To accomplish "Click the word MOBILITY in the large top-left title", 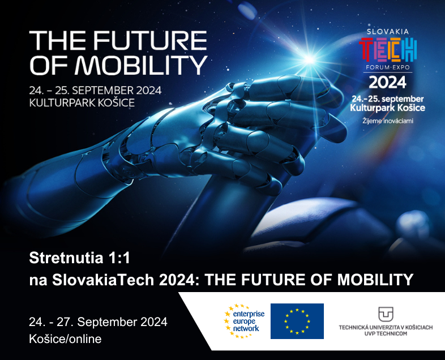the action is pos(142,65).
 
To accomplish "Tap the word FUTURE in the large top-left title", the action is pos(151,40).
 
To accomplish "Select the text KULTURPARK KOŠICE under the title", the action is pos(82,102).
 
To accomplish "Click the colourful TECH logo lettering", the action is pos(388,50).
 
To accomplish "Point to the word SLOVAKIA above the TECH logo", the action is pos(388,32).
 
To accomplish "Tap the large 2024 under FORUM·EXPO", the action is pos(388,83).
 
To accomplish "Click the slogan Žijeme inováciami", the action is pos(388,121).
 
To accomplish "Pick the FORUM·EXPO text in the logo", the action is pos(388,67).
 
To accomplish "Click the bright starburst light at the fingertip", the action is pos(309,59).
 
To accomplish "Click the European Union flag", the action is pos(297,321).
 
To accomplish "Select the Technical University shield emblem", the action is pos(386,314).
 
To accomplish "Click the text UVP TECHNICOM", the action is pos(386,333).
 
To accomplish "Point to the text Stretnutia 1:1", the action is pos(79,258).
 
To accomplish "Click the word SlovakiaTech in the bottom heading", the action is pos(102,280).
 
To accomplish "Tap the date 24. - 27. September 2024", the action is pos(98,322).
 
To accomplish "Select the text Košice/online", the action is pos(65,339).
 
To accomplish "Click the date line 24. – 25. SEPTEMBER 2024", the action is pos(95,91).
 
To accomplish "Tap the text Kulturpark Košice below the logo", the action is pos(388,108).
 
